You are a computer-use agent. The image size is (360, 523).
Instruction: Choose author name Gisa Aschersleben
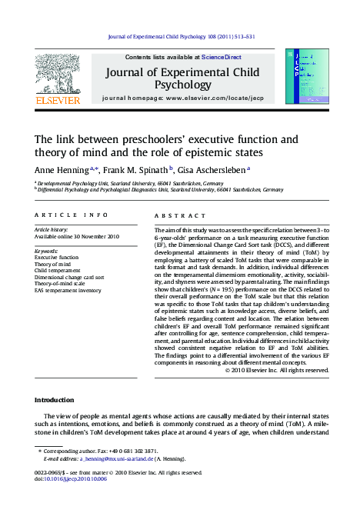pyautogui.click(x=214, y=170)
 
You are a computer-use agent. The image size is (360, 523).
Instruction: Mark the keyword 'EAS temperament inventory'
pyautogui.click(x=68, y=291)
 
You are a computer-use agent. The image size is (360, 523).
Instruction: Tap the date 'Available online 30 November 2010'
pyautogui.click(x=77, y=236)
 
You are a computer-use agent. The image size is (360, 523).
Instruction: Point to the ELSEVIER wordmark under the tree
pyautogui.click(x=58, y=100)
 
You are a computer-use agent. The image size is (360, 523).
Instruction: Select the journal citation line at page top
pyautogui.click(x=180, y=36)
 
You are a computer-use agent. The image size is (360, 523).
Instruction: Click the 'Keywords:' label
pyautogui.click(x=47, y=251)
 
